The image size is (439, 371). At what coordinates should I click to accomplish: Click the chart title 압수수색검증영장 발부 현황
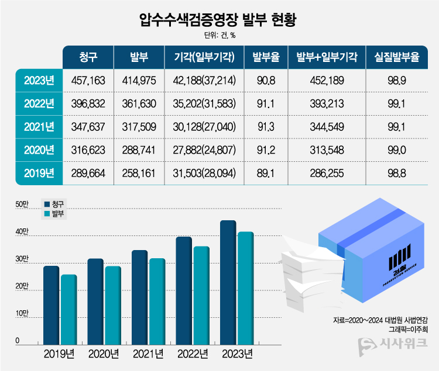tap(219, 22)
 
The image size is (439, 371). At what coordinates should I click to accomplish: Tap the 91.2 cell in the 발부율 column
tap(266, 150)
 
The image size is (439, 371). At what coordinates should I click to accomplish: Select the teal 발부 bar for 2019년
tap(69, 308)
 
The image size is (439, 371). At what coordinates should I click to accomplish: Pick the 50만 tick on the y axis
tap(22, 204)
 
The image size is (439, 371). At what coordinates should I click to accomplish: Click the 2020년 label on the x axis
tap(104, 354)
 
